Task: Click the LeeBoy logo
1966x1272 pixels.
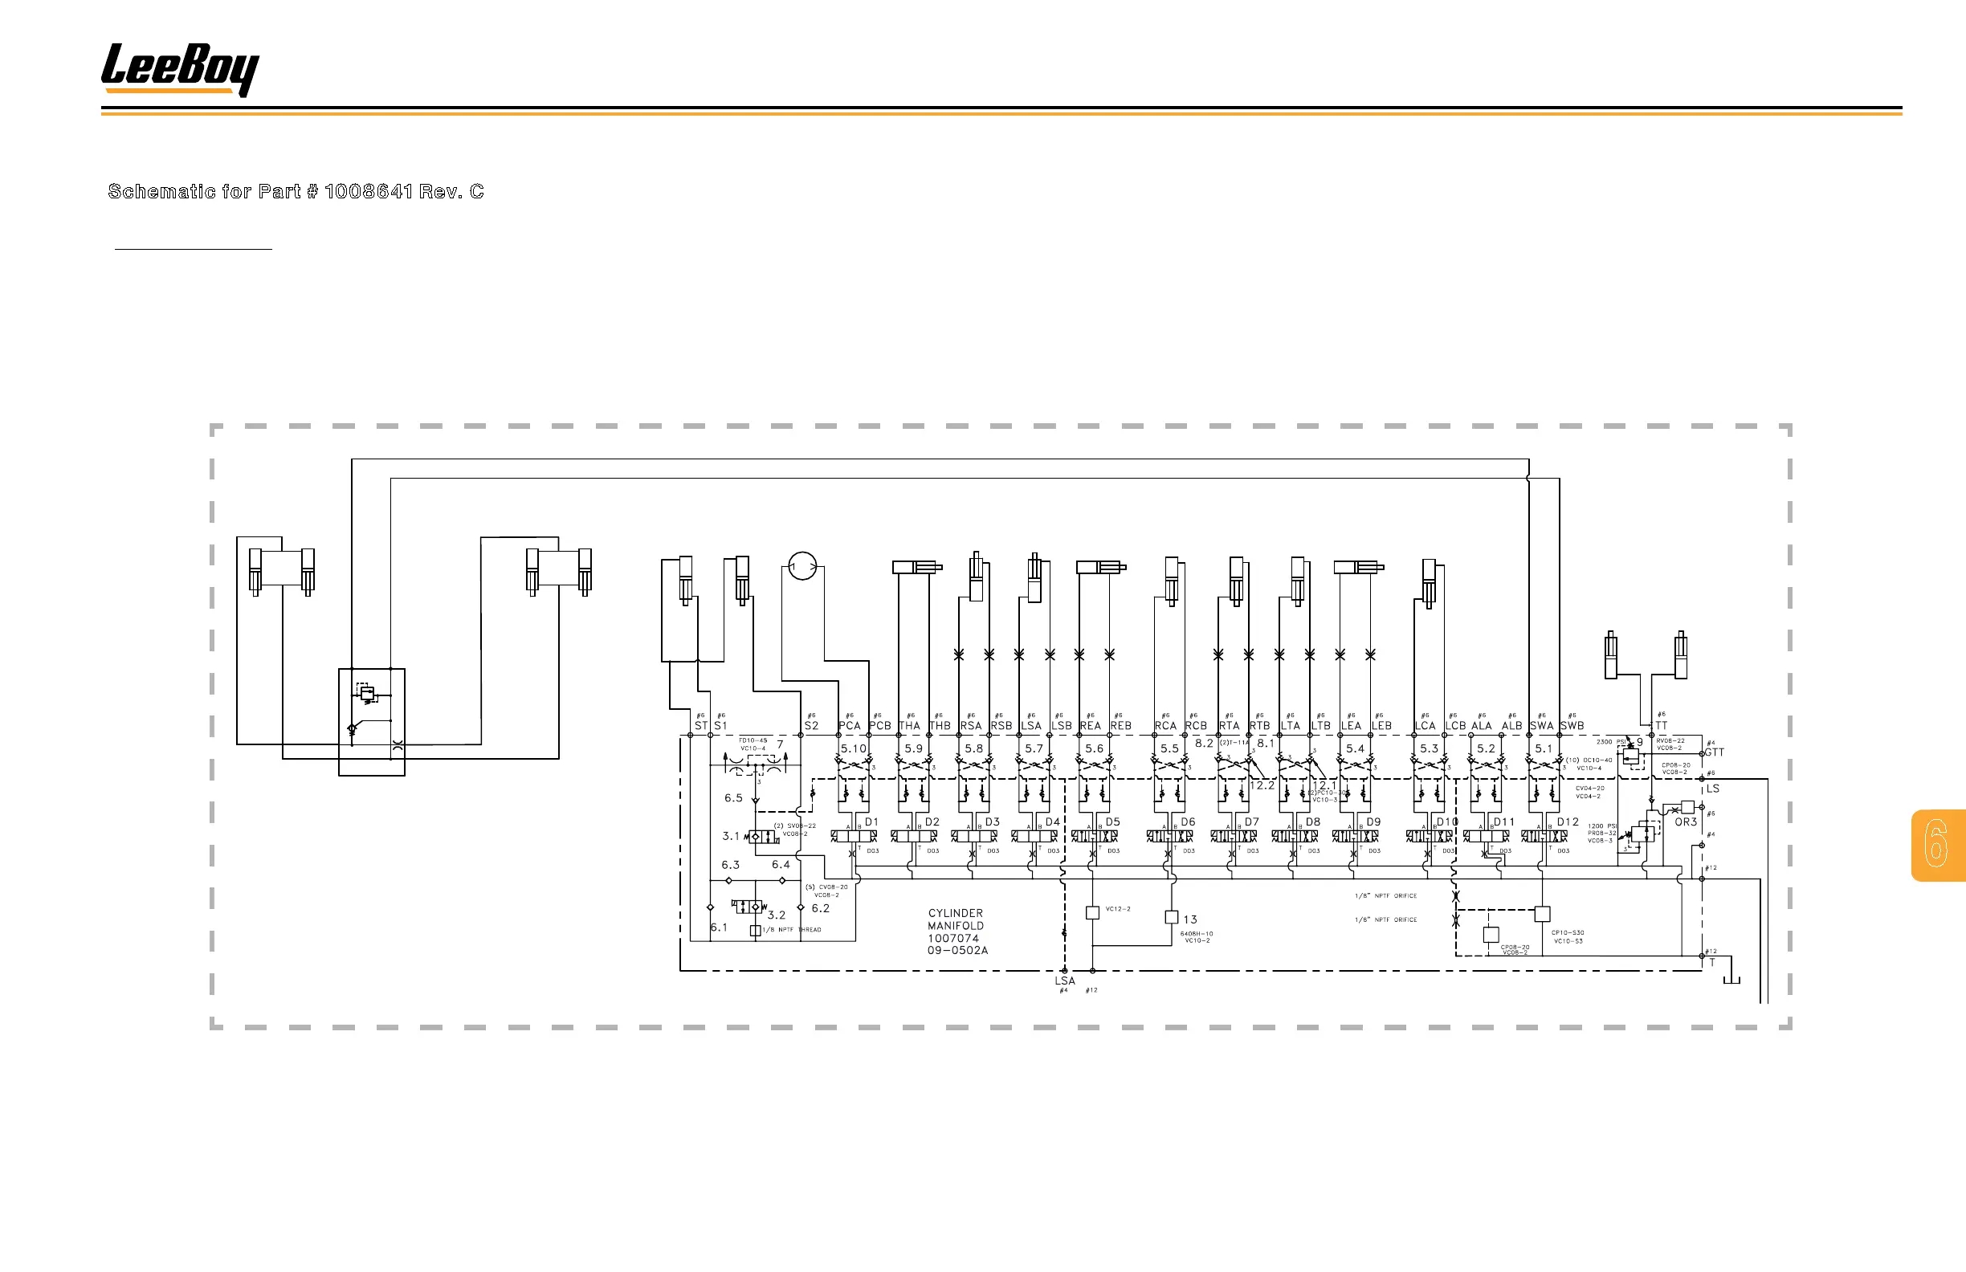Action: (x=179, y=68)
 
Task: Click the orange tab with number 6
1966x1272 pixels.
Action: (x=1936, y=844)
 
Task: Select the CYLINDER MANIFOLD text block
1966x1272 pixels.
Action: (x=957, y=932)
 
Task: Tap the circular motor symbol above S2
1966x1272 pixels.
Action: (x=802, y=566)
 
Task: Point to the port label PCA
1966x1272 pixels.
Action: (x=849, y=726)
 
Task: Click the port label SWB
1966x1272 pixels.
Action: (x=1572, y=726)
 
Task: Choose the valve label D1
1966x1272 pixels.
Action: (x=871, y=821)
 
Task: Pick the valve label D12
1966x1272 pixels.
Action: (x=1568, y=821)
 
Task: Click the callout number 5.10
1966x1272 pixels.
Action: (x=854, y=748)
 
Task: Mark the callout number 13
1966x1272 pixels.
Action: (x=1190, y=919)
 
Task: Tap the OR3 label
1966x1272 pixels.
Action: (x=1686, y=821)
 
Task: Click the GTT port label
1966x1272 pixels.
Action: (x=1715, y=752)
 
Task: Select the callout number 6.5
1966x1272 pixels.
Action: (x=733, y=798)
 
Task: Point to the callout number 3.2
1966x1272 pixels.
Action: (x=777, y=915)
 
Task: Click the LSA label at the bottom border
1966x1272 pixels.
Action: (x=1065, y=981)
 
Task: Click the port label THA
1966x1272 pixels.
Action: (x=909, y=726)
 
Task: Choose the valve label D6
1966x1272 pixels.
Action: (x=1188, y=821)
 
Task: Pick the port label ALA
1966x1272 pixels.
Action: (x=1481, y=726)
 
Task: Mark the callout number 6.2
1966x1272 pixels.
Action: (x=820, y=908)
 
